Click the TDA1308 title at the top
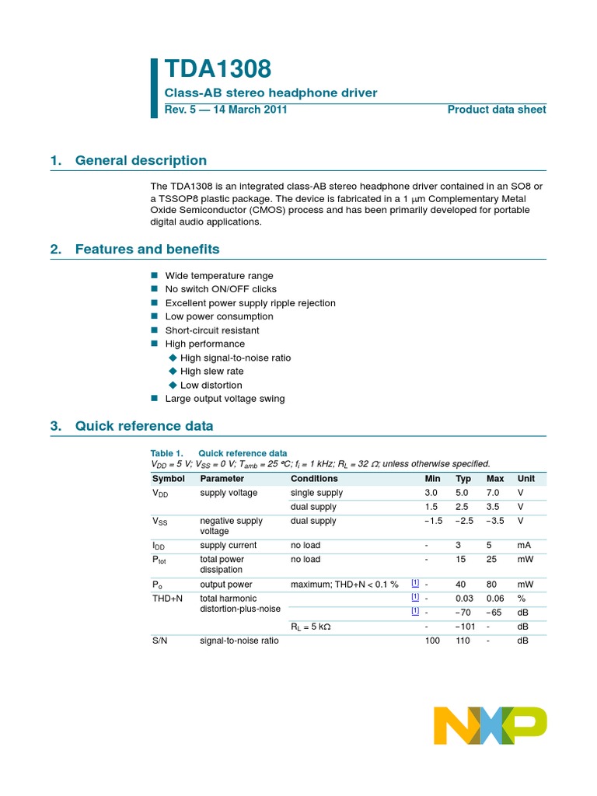coord(218,69)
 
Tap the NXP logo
coord(490,725)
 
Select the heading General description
coord(141,161)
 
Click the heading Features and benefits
coord(147,250)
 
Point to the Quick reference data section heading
coord(144,426)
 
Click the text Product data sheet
coord(497,110)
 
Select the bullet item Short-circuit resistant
coord(212,330)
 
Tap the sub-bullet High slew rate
coord(211,372)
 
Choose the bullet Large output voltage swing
coord(225,399)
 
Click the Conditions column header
coord(314,479)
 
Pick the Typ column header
coord(463,479)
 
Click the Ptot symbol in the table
coord(159,560)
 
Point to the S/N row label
coord(159,641)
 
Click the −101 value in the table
coord(465,627)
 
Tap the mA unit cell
coord(525,546)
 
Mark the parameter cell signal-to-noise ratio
coord(239,641)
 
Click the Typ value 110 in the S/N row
coord(463,641)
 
